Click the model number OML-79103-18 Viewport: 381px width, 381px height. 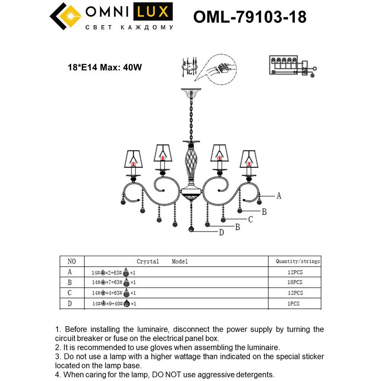point(250,17)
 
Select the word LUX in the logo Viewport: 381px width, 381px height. point(152,13)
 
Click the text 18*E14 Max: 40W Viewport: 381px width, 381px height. point(105,68)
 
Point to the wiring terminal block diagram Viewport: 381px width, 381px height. point(291,66)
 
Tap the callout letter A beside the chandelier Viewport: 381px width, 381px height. point(279,196)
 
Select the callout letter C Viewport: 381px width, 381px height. point(251,219)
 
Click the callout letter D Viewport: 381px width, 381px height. point(221,232)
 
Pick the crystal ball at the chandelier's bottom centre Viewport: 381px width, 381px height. point(191,229)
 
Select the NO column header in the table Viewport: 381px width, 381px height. point(72,261)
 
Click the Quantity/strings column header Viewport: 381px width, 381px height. point(298,261)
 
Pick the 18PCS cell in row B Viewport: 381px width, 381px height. point(295,282)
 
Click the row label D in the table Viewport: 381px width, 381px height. point(70,304)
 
